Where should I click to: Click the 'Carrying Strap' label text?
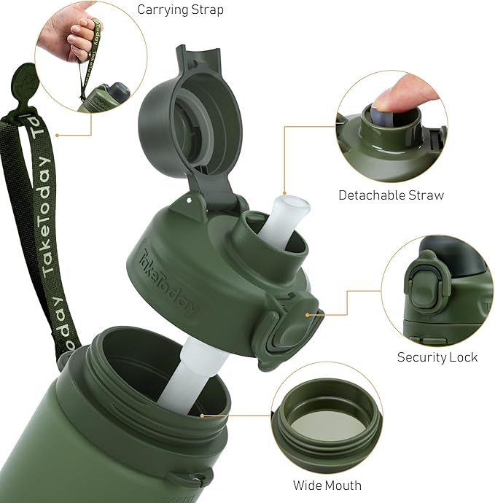tap(180, 9)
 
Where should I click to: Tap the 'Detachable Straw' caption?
tap(391, 195)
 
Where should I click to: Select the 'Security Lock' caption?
tap(437, 356)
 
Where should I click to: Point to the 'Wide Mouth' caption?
tap(327, 485)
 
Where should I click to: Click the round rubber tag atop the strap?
tap(25, 80)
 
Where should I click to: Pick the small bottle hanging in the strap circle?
tap(109, 98)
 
